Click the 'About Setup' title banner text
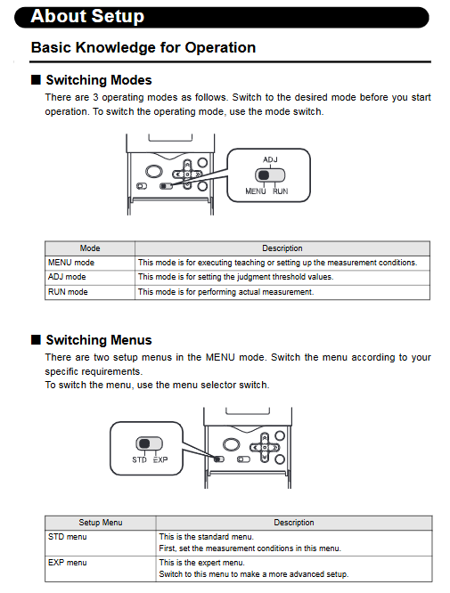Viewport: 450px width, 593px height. [87, 16]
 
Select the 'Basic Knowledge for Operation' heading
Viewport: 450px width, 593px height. [143, 48]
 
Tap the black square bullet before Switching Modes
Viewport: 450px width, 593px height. [36, 80]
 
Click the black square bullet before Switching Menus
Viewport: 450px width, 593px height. [36, 339]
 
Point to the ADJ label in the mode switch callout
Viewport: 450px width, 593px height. [270, 159]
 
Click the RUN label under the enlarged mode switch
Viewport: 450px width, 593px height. [281, 191]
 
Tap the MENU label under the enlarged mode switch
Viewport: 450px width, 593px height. [256, 191]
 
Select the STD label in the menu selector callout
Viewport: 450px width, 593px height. [139, 459]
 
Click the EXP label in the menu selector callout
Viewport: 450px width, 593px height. [160, 459]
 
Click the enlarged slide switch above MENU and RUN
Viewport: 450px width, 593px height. [270, 175]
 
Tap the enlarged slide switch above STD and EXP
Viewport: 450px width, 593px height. [149, 443]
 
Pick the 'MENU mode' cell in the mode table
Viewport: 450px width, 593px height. [71, 263]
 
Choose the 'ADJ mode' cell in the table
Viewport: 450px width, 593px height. [67, 277]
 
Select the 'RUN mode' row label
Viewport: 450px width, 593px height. [68, 292]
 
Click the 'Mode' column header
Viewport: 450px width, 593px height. [90, 248]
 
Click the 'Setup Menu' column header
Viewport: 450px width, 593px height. [101, 523]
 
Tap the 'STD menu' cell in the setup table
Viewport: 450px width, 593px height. [68, 537]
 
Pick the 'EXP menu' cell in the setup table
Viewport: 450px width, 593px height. [68, 563]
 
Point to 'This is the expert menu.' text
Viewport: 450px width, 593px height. [202, 563]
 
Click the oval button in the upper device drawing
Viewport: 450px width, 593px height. [153, 171]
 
